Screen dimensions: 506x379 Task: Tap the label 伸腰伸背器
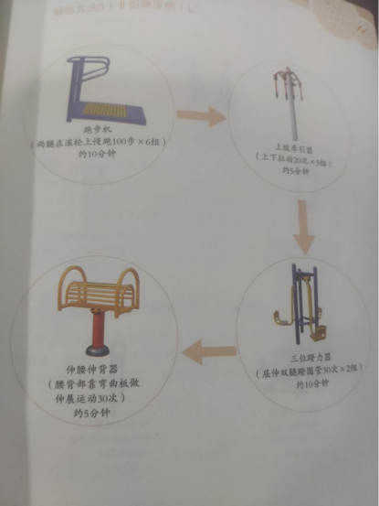[x=89, y=371]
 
